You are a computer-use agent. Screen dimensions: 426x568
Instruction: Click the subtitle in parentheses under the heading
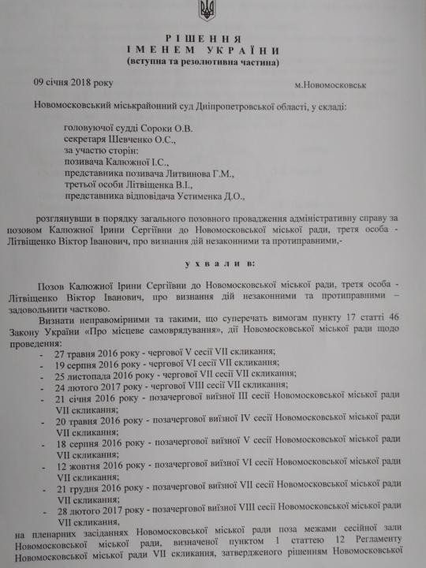[209, 62]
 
